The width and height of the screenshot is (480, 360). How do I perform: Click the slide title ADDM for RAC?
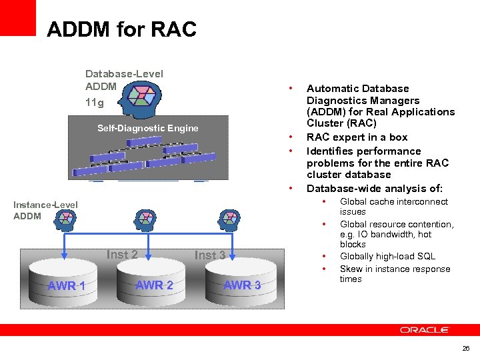point(121,29)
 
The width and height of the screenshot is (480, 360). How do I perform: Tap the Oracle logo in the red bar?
point(425,329)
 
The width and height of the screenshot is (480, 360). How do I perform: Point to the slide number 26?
point(465,348)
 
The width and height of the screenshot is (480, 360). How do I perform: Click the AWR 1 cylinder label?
point(66,286)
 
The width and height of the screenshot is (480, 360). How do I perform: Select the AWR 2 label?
point(154,285)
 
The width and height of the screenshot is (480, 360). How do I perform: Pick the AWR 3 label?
point(242,285)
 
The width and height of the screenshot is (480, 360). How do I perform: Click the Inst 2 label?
point(122,254)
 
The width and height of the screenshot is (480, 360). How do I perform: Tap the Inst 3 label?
point(210,255)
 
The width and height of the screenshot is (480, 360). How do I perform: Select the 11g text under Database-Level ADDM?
point(95,103)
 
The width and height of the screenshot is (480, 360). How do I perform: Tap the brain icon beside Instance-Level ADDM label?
point(67,218)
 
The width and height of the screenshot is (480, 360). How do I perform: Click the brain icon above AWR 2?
point(145,218)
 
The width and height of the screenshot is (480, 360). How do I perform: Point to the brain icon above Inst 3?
point(228,218)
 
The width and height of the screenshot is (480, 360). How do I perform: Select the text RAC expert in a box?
point(357,137)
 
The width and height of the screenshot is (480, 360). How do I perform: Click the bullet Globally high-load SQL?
point(387,257)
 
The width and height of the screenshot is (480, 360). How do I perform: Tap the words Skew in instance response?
point(395,269)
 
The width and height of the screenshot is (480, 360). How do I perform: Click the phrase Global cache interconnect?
point(394,202)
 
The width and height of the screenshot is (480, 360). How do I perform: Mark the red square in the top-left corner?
point(17,17)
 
